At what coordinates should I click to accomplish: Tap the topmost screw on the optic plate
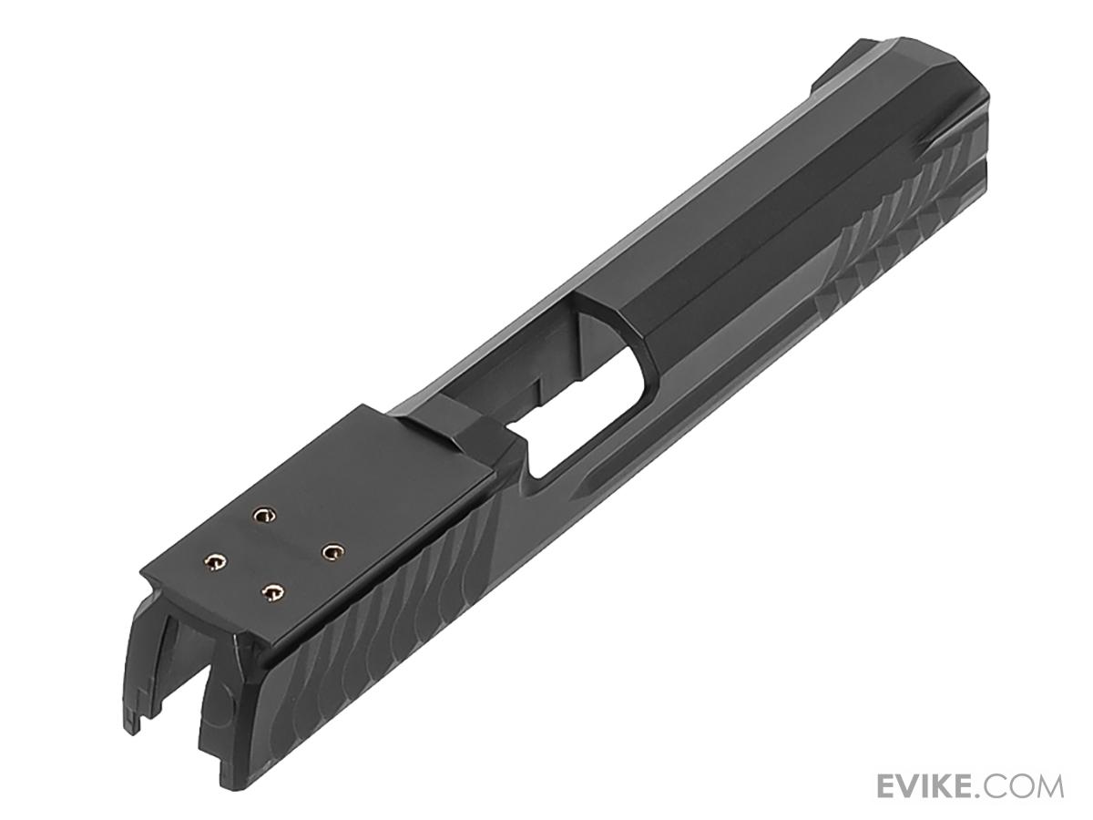[263, 514]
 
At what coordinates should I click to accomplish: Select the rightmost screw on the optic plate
[332, 551]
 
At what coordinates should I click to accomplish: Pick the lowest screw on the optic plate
[272, 592]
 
